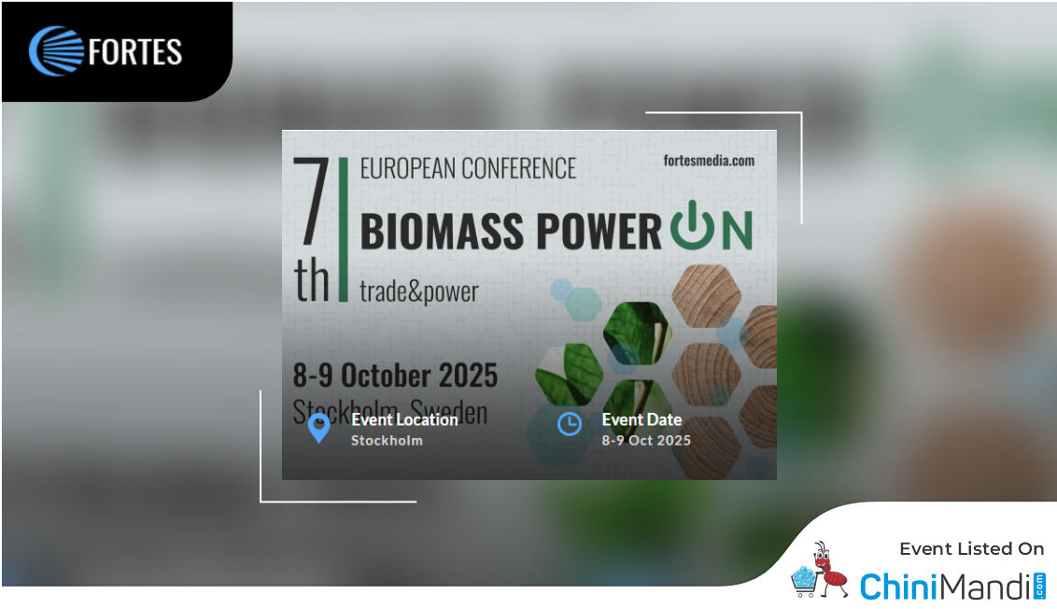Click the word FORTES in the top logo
point(135,52)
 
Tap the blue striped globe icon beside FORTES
point(56,51)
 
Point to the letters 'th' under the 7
point(313,280)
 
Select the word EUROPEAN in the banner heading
point(410,168)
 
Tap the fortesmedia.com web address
point(709,160)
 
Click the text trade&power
point(419,291)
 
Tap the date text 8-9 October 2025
point(395,375)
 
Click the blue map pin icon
point(318,428)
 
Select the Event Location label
point(404,419)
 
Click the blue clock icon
point(569,424)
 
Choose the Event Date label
point(641,419)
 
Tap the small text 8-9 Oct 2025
point(646,440)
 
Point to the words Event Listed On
point(971,549)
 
